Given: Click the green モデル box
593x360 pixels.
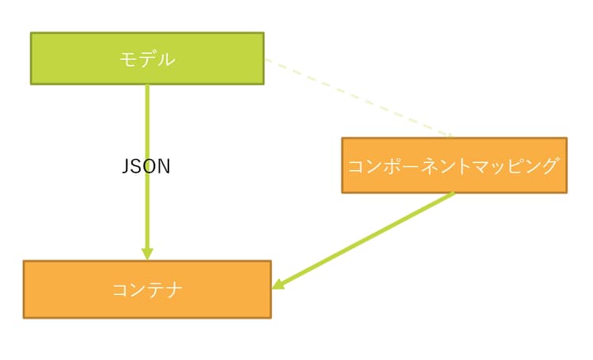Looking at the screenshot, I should click(x=147, y=58).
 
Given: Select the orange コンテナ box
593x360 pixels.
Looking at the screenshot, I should click(x=147, y=290).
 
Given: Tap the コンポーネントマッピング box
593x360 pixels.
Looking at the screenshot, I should click(x=454, y=165).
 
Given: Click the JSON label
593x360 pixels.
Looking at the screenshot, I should click(x=146, y=166).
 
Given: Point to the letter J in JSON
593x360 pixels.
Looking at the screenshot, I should click(x=127, y=166).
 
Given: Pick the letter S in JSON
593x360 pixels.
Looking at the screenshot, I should click(x=137, y=166).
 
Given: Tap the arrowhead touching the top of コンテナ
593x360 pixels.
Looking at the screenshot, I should click(x=147, y=253).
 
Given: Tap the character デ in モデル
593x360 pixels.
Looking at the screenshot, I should click(x=147, y=59).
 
